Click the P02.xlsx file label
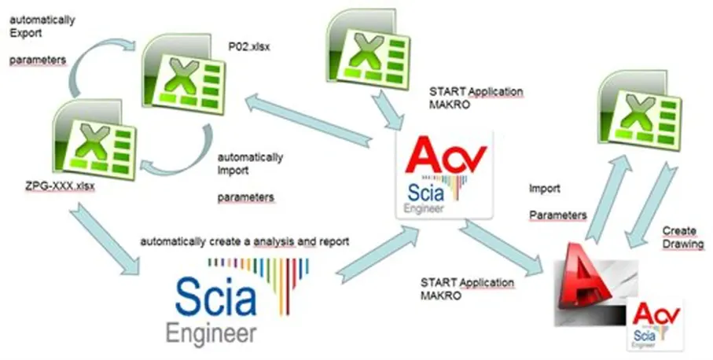pos(248,47)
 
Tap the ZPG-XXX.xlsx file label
pos(61,186)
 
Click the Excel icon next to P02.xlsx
pos(184,73)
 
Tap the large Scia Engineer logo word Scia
pos(215,298)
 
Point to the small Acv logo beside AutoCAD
pos(656,325)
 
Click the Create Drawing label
pos(682,237)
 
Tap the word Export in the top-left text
pos(26,33)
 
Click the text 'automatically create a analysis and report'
pos(244,241)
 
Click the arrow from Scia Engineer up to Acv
pos(378,255)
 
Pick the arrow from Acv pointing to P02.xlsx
pos(309,120)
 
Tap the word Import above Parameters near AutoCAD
pos(544,189)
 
